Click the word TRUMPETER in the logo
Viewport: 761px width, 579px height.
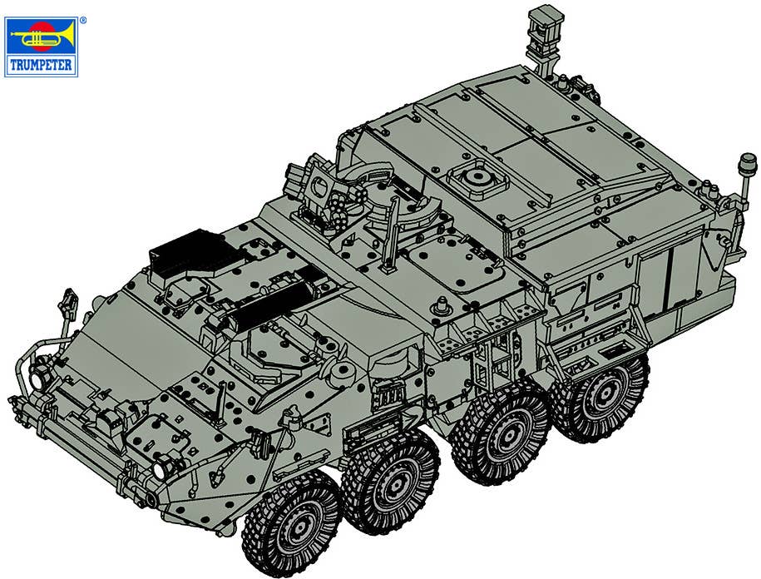tap(41, 65)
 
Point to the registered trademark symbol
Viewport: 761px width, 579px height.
tap(83, 21)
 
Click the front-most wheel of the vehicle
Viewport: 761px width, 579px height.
tap(292, 523)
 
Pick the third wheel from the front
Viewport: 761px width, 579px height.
tap(502, 430)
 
